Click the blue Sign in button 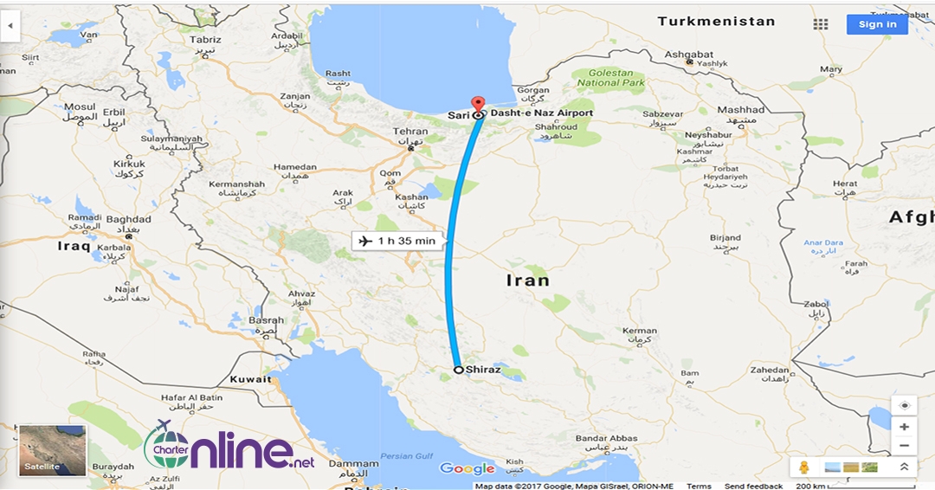pyautogui.click(x=877, y=24)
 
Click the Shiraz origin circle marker pyautogui.click(x=458, y=369)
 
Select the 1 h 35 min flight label pyautogui.click(x=396, y=241)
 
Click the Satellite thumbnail pyautogui.click(x=53, y=450)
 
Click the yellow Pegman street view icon pyautogui.click(x=803, y=467)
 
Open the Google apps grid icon pyautogui.click(x=821, y=24)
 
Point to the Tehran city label pyautogui.click(x=411, y=132)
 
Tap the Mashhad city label pyautogui.click(x=741, y=111)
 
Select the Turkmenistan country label pyautogui.click(x=715, y=22)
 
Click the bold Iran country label pyautogui.click(x=527, y=280)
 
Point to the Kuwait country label pyautogui.click(x=251, y=379)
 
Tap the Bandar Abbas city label pyautogui.click(x=606, y=439)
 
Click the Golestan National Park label pyautogui.click(x=611, y=78)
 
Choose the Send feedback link pyautogui.click(x=752, y=487)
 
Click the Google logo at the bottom pyautogui.click(x=467, y=469)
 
